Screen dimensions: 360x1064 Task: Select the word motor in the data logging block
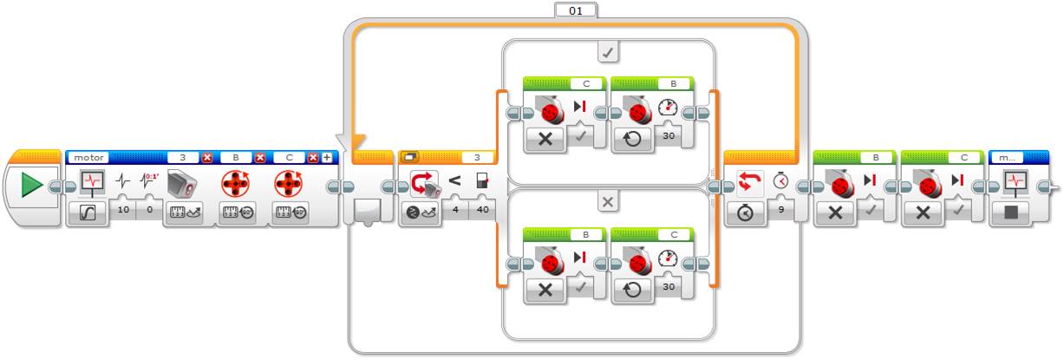point(88,158)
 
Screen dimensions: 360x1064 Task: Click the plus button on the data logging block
point(327,158)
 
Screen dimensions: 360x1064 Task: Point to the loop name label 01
point(575,10)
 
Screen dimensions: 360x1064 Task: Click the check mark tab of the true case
point(608,53)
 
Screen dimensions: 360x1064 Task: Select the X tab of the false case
point(608,201)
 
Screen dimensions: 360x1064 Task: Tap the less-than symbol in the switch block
point(454,182)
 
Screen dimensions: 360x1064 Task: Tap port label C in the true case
point(585,84)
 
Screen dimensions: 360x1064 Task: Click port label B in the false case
point(585,233)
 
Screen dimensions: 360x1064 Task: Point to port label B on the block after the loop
point(875,158)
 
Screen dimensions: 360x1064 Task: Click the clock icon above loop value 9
point(781,182)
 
